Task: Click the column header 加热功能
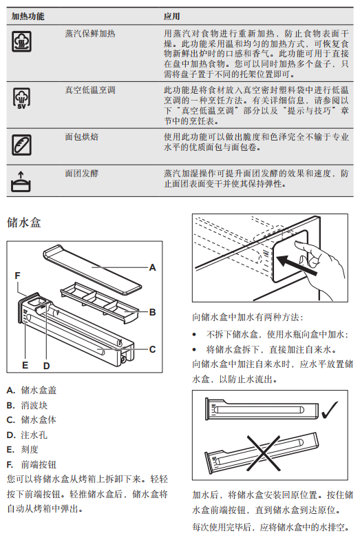click(28, 16)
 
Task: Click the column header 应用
click(172, 16)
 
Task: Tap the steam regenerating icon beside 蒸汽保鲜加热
click(21, 41)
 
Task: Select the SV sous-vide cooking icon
click(21, 98)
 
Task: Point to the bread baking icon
click(21, 145)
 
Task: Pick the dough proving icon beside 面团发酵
click(21, 181)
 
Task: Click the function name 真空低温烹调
click(90, 90)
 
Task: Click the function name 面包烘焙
click(82, 137)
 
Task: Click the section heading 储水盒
click(23, 223)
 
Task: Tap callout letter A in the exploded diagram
click(153, 268)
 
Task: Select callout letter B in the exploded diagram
click(153, 312)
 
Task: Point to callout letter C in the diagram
click(153, 349)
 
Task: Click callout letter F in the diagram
click(17, 276)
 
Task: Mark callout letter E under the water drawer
click(25, 365)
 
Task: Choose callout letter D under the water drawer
click(47, 366)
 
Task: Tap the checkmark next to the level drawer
click(330, 409)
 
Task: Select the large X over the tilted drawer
click(264, 452)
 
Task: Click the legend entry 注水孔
click(34, 435)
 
